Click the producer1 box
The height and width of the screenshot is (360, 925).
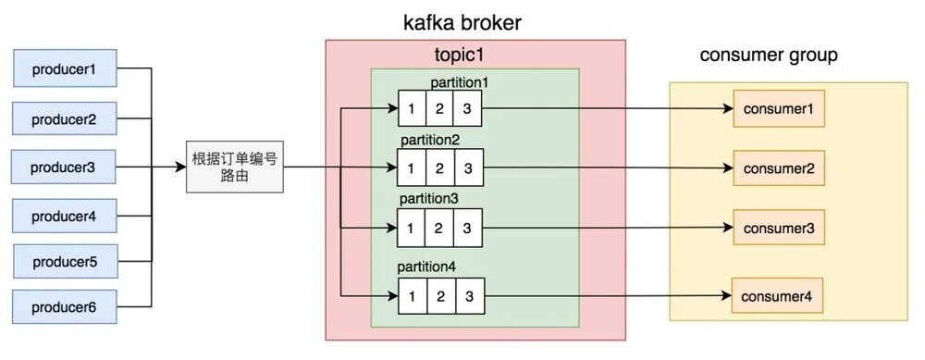tap(65, 68)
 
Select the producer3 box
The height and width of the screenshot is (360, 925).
tap(64, 167)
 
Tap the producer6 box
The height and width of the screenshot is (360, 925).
tap(65, 307)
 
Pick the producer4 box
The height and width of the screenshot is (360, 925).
tap(65, 216)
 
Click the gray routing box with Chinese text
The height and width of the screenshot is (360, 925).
tap(235, 167)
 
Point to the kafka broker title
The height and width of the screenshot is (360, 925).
tap(462, 22)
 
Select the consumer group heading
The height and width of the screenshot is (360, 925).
tap(769, 55)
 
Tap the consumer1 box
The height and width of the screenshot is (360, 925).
tap(779, 108)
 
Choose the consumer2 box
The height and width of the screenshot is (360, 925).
tap(779, 168)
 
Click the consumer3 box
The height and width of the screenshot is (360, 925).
tap(779, 228)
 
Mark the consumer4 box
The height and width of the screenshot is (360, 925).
tap(777, 295)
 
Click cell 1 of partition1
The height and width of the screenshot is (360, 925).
tap(413, 108)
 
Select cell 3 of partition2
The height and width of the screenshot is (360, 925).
tap(468, 168)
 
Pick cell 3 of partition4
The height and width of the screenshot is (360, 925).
tap(470, 295)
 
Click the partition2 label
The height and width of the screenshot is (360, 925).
tap(429, 141)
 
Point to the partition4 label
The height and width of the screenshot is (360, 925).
tap(427, 267)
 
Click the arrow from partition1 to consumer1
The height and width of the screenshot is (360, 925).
tap(609, 108)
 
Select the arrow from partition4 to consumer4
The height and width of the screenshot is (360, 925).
tap(609, 295)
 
